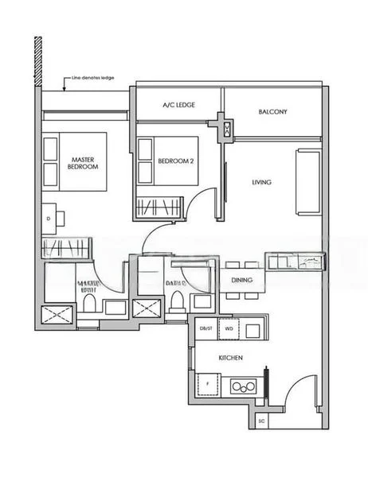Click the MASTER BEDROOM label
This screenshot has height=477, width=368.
[x=83, y=163]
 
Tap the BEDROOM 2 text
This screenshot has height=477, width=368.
[x=176, y=161]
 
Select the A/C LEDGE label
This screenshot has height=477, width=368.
[x=179, y=104]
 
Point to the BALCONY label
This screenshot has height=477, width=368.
[x=272, y=111]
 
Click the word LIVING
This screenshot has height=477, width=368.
[x=261, y=182]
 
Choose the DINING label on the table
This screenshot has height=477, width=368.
[x=242, y=281]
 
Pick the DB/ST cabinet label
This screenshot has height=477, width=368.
[x=206, y=328]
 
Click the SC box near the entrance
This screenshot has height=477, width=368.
[x=261, y=421]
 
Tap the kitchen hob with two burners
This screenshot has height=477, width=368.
[x=244, y=386]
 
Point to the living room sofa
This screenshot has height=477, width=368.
[x=307, y=182]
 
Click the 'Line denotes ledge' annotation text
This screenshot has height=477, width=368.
[x=95, y=78]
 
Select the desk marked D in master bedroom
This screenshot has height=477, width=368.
[x=49, y=217]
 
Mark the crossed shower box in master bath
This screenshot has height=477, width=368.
[x=57, y=314]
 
